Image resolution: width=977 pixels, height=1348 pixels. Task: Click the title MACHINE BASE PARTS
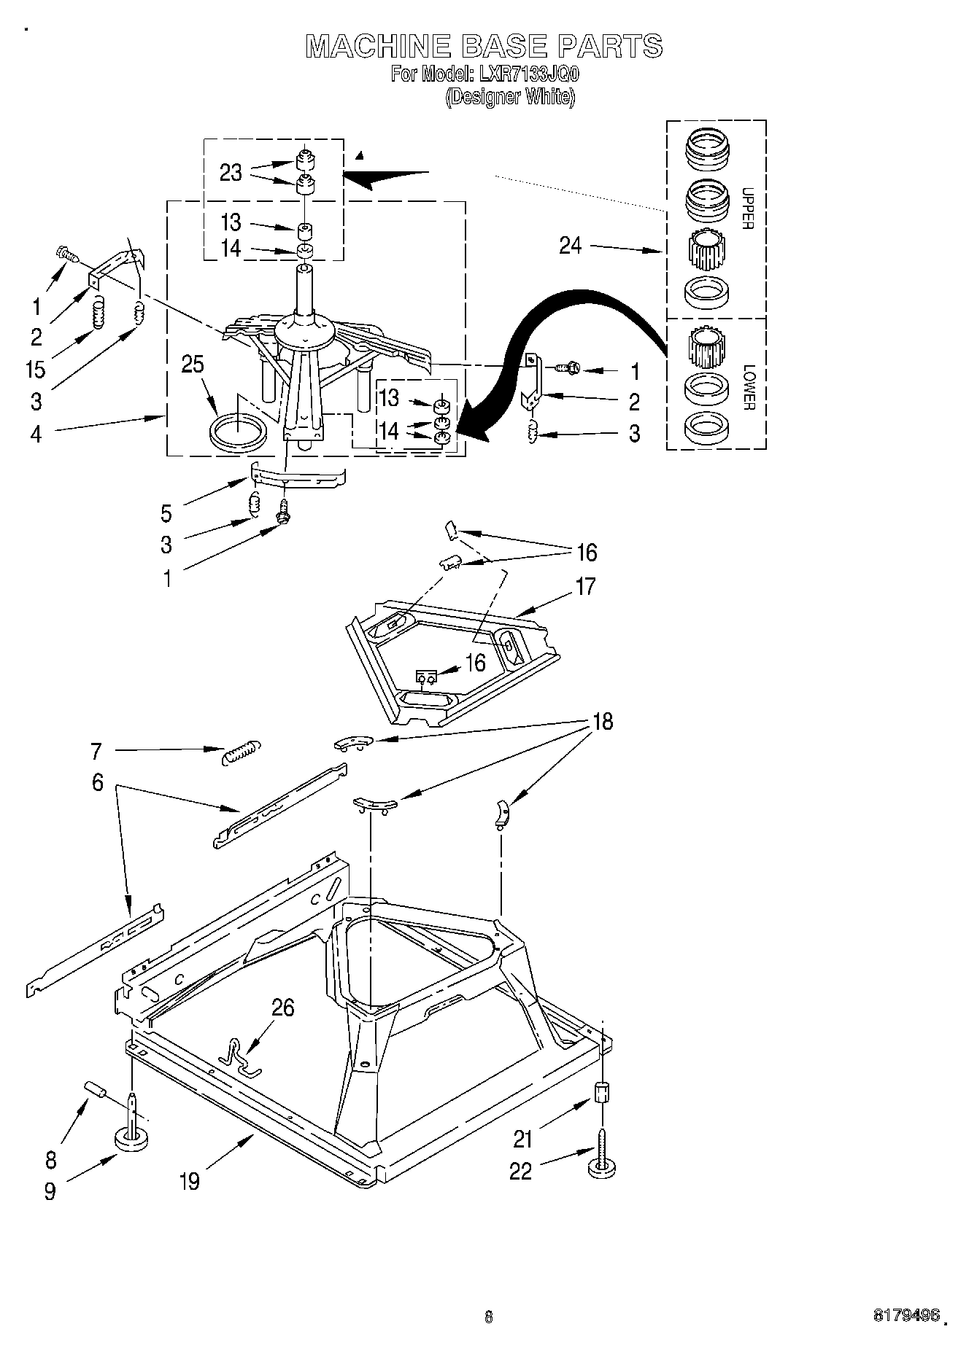coord(484,46)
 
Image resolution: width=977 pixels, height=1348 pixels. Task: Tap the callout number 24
coord(571,246)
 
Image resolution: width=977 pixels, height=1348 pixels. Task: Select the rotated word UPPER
coord(746,209)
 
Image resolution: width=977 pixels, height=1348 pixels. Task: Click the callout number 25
coord(193,365)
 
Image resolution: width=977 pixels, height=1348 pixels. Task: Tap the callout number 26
coord(283,1008)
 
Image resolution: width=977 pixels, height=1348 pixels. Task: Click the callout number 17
coord(585,586)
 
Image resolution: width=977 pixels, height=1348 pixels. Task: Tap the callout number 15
coord(35,370)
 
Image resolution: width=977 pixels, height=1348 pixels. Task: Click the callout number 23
coord(231,174)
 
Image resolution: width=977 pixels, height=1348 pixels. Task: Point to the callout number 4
coord(36,435)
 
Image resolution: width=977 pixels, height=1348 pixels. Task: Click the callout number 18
coord(603,721)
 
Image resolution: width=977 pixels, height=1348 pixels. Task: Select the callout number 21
coord(522,1138)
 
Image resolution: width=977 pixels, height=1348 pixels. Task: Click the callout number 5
coord(166,513)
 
